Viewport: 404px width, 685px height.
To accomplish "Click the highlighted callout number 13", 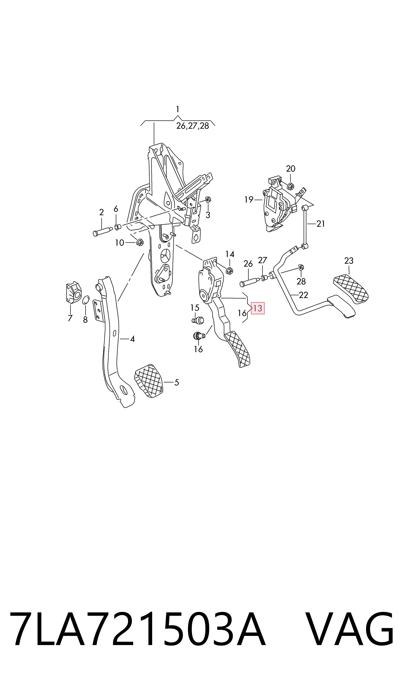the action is point(258,308).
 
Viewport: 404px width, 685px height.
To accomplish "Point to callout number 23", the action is point(349,261).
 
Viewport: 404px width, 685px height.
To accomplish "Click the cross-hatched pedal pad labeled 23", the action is point(351,289).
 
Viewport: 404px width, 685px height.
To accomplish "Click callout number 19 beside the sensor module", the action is point(249,200).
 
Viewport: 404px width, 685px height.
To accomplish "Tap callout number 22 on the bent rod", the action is point(304,295).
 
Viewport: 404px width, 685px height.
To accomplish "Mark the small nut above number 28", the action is point(301,268).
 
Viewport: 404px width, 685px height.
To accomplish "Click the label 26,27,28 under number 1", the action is point(193,126).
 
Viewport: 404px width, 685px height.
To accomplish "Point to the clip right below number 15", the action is point(198,320).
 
